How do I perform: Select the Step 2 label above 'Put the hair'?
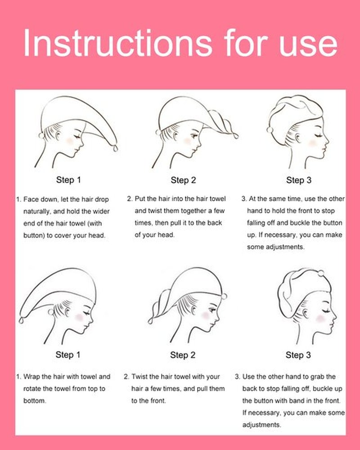183,180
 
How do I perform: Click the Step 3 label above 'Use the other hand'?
298,355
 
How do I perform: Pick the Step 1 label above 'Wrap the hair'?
68,355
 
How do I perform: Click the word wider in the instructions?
100,211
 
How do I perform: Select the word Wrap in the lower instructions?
31,377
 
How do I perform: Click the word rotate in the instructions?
32,389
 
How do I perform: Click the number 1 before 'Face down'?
18,199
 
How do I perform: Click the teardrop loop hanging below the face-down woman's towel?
115,148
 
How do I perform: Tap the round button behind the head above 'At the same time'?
270,130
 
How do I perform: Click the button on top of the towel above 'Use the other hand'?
321,273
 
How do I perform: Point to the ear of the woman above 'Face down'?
58,135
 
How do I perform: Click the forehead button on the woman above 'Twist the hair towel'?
224,296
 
